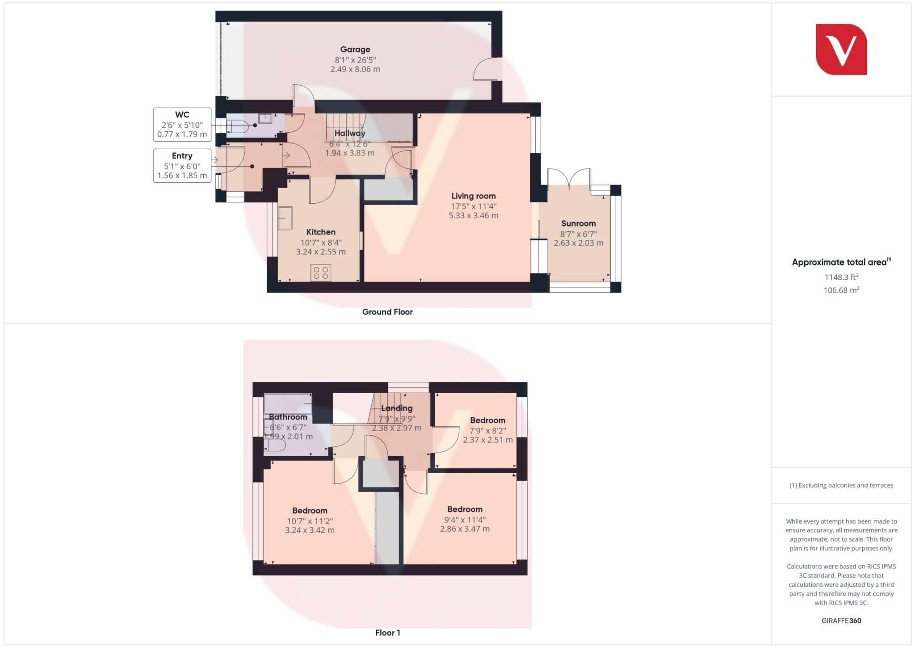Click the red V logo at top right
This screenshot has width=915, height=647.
[841, 49]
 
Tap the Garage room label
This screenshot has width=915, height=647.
[355, 50]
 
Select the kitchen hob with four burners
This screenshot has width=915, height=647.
[321, 273]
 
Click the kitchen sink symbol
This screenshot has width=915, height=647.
[285, 218]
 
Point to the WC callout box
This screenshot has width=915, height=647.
[182, 125]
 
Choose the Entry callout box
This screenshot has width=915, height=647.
[182, 166]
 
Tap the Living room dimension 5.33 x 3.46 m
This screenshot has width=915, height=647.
[473, 215]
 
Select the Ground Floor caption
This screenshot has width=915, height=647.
[387, 312]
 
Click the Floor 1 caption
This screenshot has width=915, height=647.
[387, 633]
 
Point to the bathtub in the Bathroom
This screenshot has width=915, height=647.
[288, 403]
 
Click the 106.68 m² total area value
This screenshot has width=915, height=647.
[841, 290]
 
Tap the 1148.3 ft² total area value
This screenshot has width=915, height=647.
[841, 277]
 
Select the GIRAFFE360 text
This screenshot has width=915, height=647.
[841, 621]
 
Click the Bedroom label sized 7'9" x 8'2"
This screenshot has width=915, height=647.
[487, 420]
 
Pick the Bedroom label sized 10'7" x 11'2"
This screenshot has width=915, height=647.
[310, 511]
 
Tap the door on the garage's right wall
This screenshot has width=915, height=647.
[487, 70]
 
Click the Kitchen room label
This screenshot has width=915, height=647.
[320, 232]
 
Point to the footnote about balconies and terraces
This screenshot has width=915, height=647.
[841, 485]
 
